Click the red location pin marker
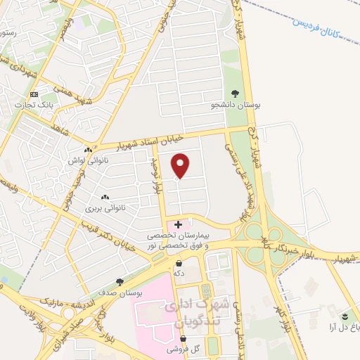point(181,165)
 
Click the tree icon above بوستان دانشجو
point(236,93)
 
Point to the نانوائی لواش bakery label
point(88,161)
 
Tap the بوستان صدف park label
point(120,292)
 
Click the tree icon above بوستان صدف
point(120,281)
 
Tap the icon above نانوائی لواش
point(88,150)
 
